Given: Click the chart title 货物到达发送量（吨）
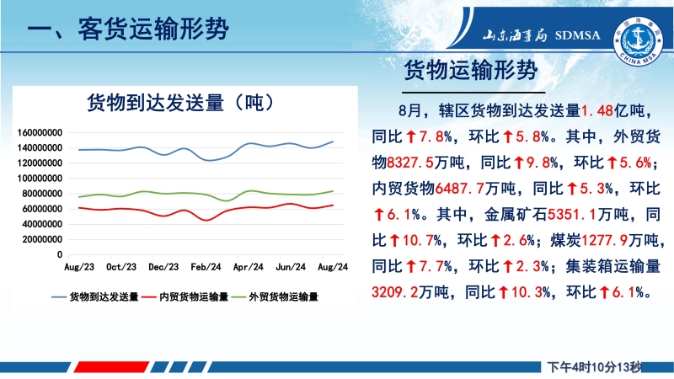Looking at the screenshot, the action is (x=180, y=103).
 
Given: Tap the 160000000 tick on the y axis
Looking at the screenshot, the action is (x=40, y=133).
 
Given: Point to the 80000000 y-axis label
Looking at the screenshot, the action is (x=42, y=194).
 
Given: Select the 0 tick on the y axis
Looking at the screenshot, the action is (x=60, y=255).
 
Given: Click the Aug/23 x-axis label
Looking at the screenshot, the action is (x=79, y=267).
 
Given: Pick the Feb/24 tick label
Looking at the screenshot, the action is (x=206, y=267).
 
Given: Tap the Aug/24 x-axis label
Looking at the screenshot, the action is (x=333, y=267).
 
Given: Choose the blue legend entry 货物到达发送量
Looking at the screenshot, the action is (x=95, y=297).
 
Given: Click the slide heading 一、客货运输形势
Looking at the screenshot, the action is (x=128, y=29).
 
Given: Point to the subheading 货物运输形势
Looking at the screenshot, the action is (x=471, y=70).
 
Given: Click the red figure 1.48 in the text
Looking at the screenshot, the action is (x=597, y=111).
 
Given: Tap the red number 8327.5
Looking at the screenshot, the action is (x=410, y=163).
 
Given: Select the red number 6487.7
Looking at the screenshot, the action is (x=459, y=188).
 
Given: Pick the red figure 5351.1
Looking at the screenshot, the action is (x=572, y=214).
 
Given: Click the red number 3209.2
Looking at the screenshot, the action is (x=394, y=292).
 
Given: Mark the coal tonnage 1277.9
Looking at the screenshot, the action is (x=604, y=240).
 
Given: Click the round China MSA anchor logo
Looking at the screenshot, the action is (x=639, y=41).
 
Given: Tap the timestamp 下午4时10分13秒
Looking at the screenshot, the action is (x=594, y=367).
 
